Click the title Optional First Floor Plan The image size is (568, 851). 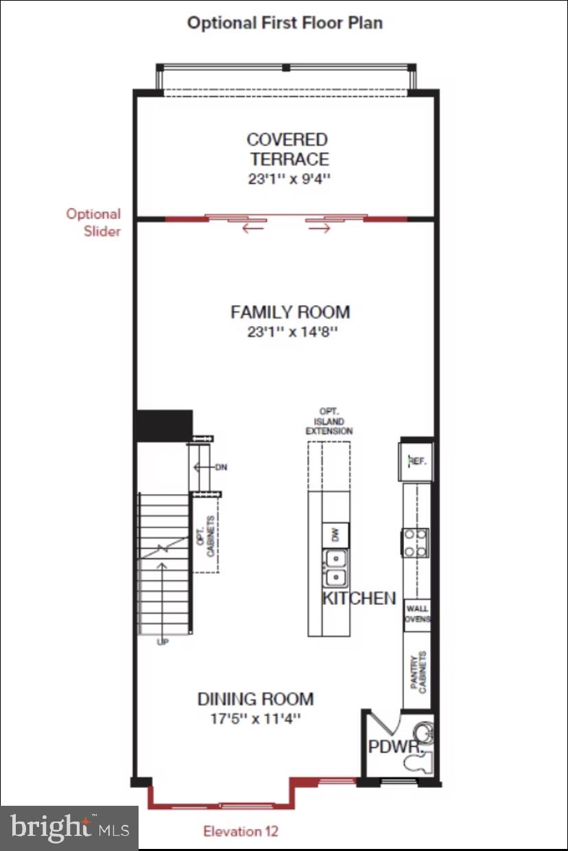coord(285,23)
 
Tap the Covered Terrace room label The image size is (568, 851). coord(288,149)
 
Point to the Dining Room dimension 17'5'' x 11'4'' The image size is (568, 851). coord(256,719)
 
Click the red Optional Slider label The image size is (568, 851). coord(93,222)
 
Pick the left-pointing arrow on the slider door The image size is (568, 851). coord(252,228)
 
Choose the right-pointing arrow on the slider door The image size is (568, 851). coord(320,228)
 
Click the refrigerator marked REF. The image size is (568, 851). coord(417,461)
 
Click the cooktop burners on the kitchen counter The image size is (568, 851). coord(416,542)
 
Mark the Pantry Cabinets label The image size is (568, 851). coord(418,671)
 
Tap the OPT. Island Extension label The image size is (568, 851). coord(329,421)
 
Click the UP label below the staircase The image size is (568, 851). coord(163,643)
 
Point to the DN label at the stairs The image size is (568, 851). coord(221,468)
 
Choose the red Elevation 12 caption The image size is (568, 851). coord(240,832)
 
